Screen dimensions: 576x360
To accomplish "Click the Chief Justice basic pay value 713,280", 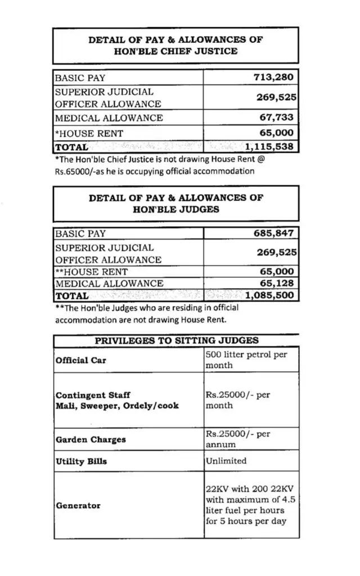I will pos(273,77).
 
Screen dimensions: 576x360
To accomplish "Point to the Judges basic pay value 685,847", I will pos(273,233).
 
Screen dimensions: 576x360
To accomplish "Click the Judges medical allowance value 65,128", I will pos(276,283).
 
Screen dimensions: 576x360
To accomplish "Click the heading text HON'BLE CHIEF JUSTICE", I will pos(175,51).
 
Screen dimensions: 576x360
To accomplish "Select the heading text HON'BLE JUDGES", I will pos(175,209).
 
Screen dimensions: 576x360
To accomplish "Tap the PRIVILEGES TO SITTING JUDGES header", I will pos(176,340).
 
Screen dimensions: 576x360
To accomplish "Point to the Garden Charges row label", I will pos(90,439).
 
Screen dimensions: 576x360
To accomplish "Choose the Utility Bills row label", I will pos(81,461).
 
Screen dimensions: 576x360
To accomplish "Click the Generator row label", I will pos(78,505).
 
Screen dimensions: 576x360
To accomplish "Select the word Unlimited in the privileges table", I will pos(226,461).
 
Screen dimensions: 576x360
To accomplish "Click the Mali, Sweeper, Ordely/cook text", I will pos(117,406).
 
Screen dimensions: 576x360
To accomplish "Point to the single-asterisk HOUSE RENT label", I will pos(89,133).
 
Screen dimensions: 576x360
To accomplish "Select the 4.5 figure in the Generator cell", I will pos(279,500).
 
